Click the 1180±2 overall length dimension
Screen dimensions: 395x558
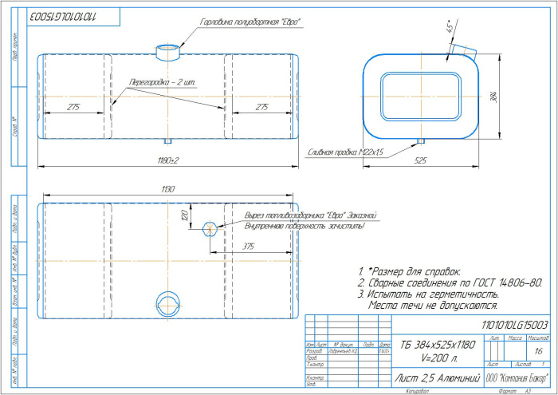click(168, 160)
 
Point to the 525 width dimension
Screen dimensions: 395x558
click(421, 160)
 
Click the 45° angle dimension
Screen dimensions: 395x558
click(449, 28)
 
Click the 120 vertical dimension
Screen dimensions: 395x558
click(183, 216)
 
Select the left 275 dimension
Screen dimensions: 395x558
click(73, 106)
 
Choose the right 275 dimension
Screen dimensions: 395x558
click(261, 106)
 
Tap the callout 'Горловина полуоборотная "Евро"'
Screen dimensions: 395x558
click(245, 21)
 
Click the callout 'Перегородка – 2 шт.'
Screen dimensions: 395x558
click(162, 83)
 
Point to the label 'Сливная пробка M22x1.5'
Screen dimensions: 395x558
click(345, 151)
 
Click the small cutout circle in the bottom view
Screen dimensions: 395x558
click(209, 229)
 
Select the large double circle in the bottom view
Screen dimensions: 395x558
click(168, 302)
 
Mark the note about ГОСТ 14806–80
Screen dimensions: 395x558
click(450, 282)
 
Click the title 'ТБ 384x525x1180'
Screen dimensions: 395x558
click(437, 344)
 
